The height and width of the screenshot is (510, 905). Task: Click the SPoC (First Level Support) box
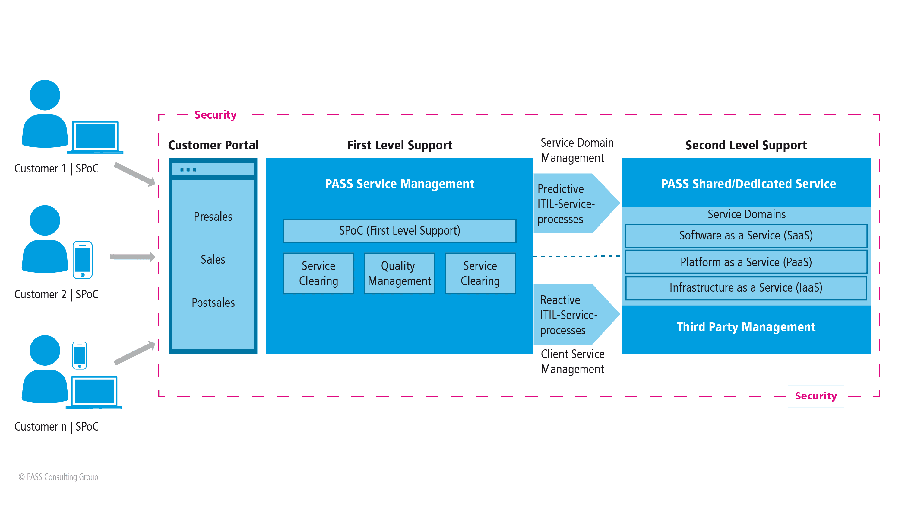click(x=400, y=231)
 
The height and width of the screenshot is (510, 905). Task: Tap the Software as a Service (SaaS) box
click(x=746, y=236)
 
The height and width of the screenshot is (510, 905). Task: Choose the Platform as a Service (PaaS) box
click(x=746, y=262)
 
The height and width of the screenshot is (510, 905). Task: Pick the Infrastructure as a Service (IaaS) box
click(x=746, y=288)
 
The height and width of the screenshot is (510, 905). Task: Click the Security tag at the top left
click(x=215, y=115)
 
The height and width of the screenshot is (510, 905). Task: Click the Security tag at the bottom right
click(x=815, y=396)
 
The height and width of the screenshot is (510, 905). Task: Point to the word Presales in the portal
click(x=213, y=217)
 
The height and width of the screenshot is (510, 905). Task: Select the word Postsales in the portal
click(x=213, y=303)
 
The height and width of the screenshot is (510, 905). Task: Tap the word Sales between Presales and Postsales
click(x=213, y=260)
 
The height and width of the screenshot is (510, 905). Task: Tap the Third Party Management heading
click(x=746, y=327)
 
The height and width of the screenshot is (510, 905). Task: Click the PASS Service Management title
click(x=400, y=184)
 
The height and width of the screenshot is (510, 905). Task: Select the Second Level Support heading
click(x=746, y=145)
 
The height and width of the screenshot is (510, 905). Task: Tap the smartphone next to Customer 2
click(x=83, y=260)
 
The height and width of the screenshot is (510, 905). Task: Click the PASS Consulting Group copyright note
click(x=58, y=477)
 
